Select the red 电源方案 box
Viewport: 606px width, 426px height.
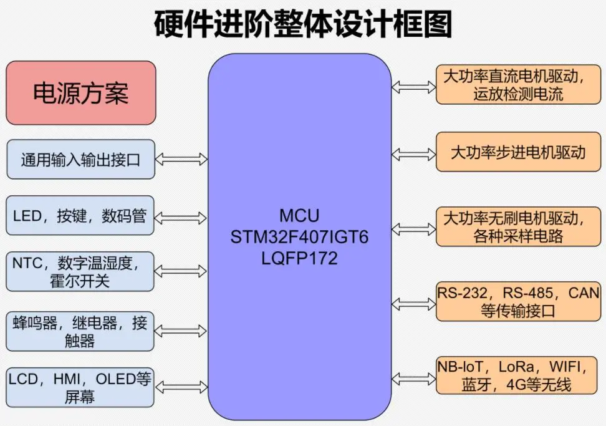(x=80, y=93)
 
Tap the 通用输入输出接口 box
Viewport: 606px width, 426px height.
(x=80, y=159)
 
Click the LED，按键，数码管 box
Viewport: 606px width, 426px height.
(x=80, y=216)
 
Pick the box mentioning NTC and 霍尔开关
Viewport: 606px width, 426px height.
(x=80, y=271)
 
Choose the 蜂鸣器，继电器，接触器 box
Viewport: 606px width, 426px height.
(x=80, y=331)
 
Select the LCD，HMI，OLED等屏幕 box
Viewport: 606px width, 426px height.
(x=80, y=387)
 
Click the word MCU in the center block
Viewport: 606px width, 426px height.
(x=299, y=216)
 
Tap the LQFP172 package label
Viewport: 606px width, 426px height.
(x=299, y=258)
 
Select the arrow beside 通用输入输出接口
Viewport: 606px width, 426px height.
(x=181, y=160)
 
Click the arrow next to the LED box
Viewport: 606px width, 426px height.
(x=181, y=218)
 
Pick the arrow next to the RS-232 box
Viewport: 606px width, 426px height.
(x=413, y=303)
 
